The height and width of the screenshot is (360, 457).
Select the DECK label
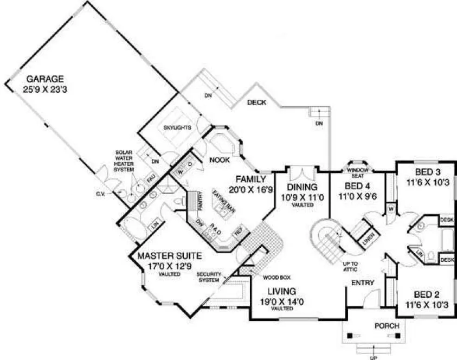(256, 102)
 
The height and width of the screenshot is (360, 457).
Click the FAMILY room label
(250, 179)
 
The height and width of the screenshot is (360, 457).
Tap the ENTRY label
(363, 282)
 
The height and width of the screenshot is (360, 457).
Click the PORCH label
(387, 326)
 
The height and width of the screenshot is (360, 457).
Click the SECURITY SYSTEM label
(209, 277)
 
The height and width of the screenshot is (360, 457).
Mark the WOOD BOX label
(274, 277)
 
